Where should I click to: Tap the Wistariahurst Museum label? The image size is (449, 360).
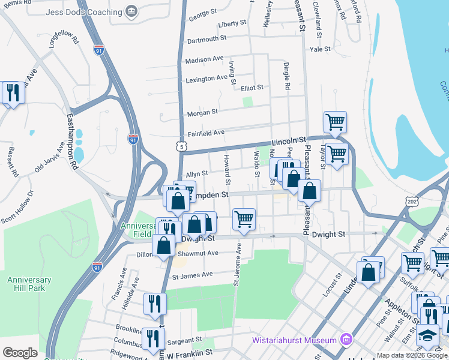294,340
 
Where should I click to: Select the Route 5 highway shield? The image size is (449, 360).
181,146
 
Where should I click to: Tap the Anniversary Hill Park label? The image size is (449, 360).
29,284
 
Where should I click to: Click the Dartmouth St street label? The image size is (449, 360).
206,38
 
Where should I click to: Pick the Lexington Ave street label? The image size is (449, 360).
206,79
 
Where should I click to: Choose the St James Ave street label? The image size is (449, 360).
193,275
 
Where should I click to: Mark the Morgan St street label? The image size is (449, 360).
202,112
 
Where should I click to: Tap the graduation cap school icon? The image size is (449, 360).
427,334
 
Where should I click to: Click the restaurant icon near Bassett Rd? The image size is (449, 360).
11,92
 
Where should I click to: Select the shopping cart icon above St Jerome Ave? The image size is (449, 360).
244,219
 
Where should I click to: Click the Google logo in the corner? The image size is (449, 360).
20,353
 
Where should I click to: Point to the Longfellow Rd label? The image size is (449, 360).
64,38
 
